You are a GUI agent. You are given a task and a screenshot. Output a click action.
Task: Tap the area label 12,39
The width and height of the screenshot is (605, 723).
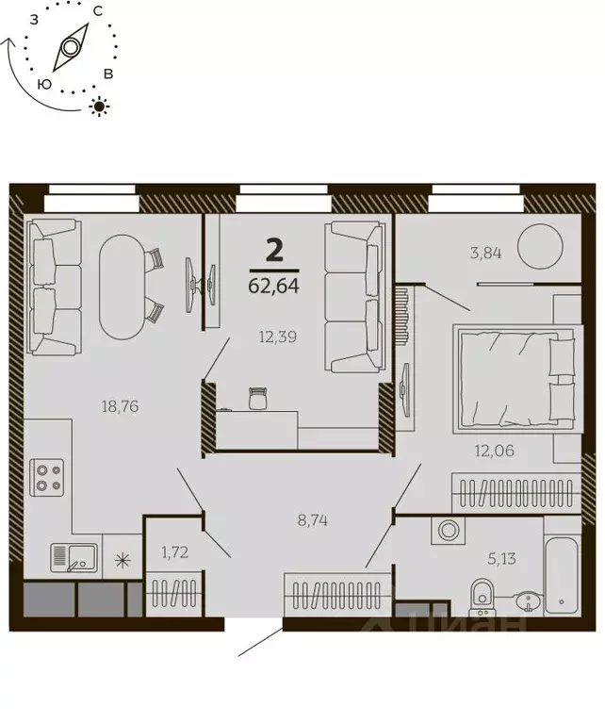279,336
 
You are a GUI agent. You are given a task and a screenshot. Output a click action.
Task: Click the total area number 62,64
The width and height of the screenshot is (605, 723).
274,286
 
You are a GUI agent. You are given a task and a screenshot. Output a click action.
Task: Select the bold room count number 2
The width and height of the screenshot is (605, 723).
274,250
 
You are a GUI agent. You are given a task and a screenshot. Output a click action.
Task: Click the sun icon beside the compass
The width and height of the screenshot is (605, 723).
97,106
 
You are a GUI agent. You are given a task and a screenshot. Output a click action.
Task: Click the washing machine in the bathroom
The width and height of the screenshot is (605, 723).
445,532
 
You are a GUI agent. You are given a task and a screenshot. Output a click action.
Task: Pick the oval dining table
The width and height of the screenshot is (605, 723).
123,286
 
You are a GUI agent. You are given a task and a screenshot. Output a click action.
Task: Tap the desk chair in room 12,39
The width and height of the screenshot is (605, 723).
258,399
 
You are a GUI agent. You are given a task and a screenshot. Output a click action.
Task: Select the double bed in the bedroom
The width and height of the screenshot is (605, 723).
514,377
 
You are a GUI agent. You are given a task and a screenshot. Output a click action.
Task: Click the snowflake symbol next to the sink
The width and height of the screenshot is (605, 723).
121,561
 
